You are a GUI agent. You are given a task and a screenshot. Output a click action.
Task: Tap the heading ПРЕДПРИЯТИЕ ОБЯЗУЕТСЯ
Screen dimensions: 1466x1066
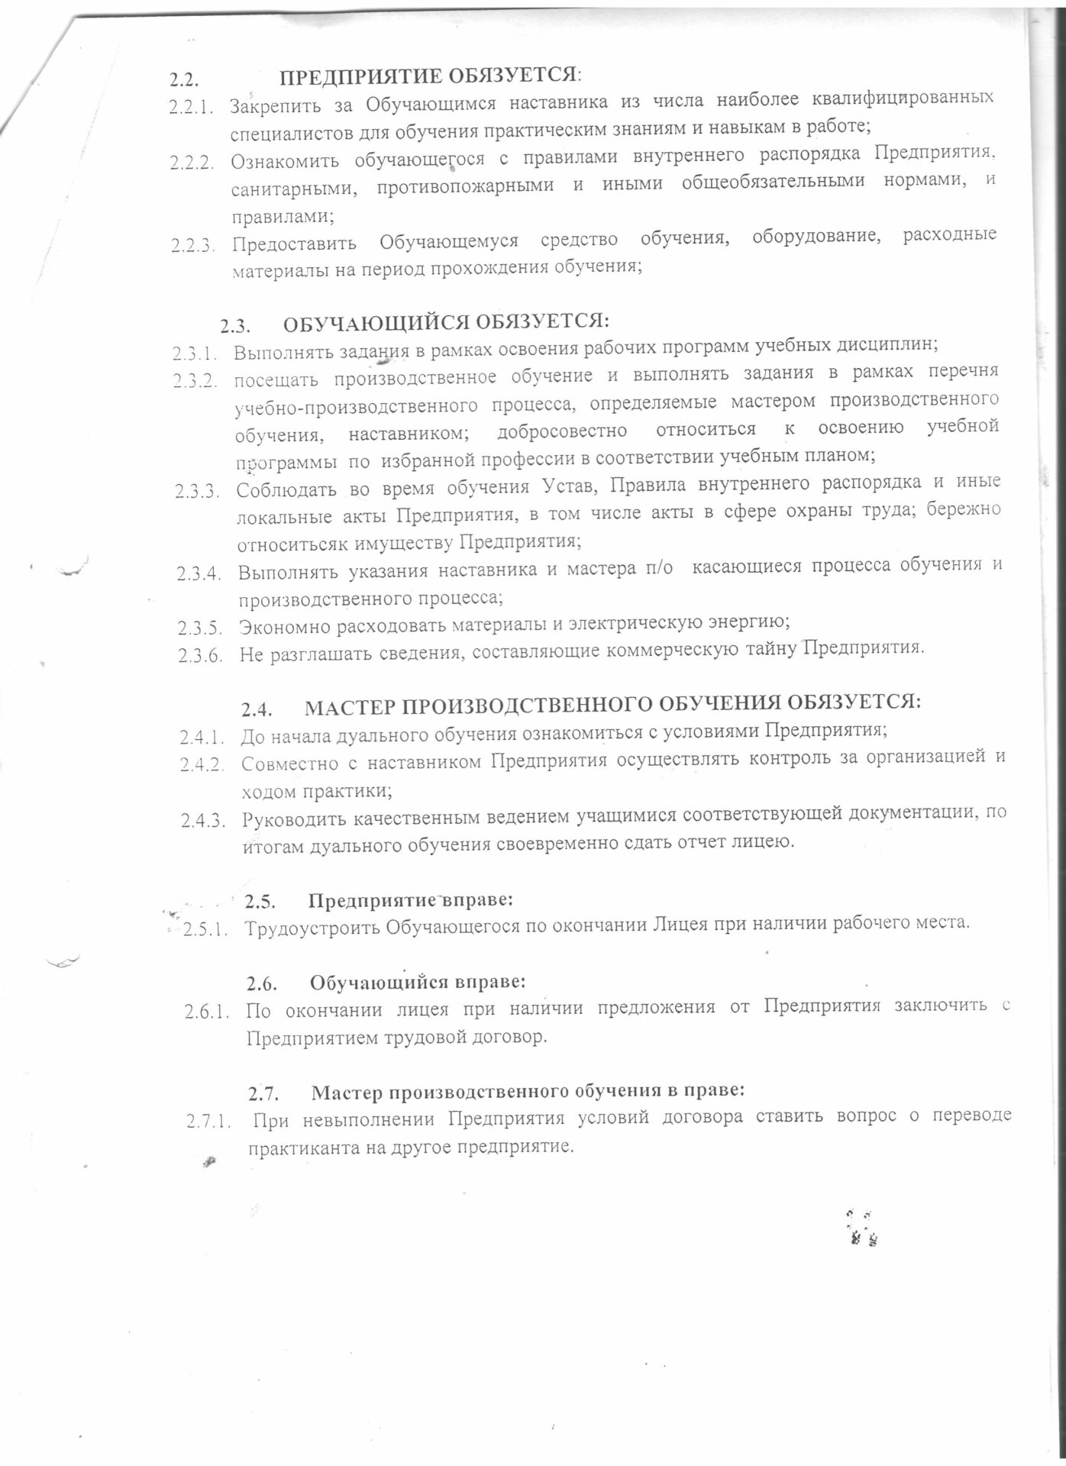point(430,76)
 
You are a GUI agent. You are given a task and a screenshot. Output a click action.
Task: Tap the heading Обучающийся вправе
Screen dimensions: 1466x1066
point(418,980)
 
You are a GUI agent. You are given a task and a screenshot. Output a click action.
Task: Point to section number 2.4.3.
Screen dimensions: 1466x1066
point(204,821)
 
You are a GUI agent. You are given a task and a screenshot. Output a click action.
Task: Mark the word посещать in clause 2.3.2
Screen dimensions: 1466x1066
point(276,376)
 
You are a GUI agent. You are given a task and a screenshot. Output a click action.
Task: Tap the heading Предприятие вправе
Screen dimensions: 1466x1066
point(410,899)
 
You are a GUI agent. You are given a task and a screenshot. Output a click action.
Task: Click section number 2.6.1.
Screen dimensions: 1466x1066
point(206,1013)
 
